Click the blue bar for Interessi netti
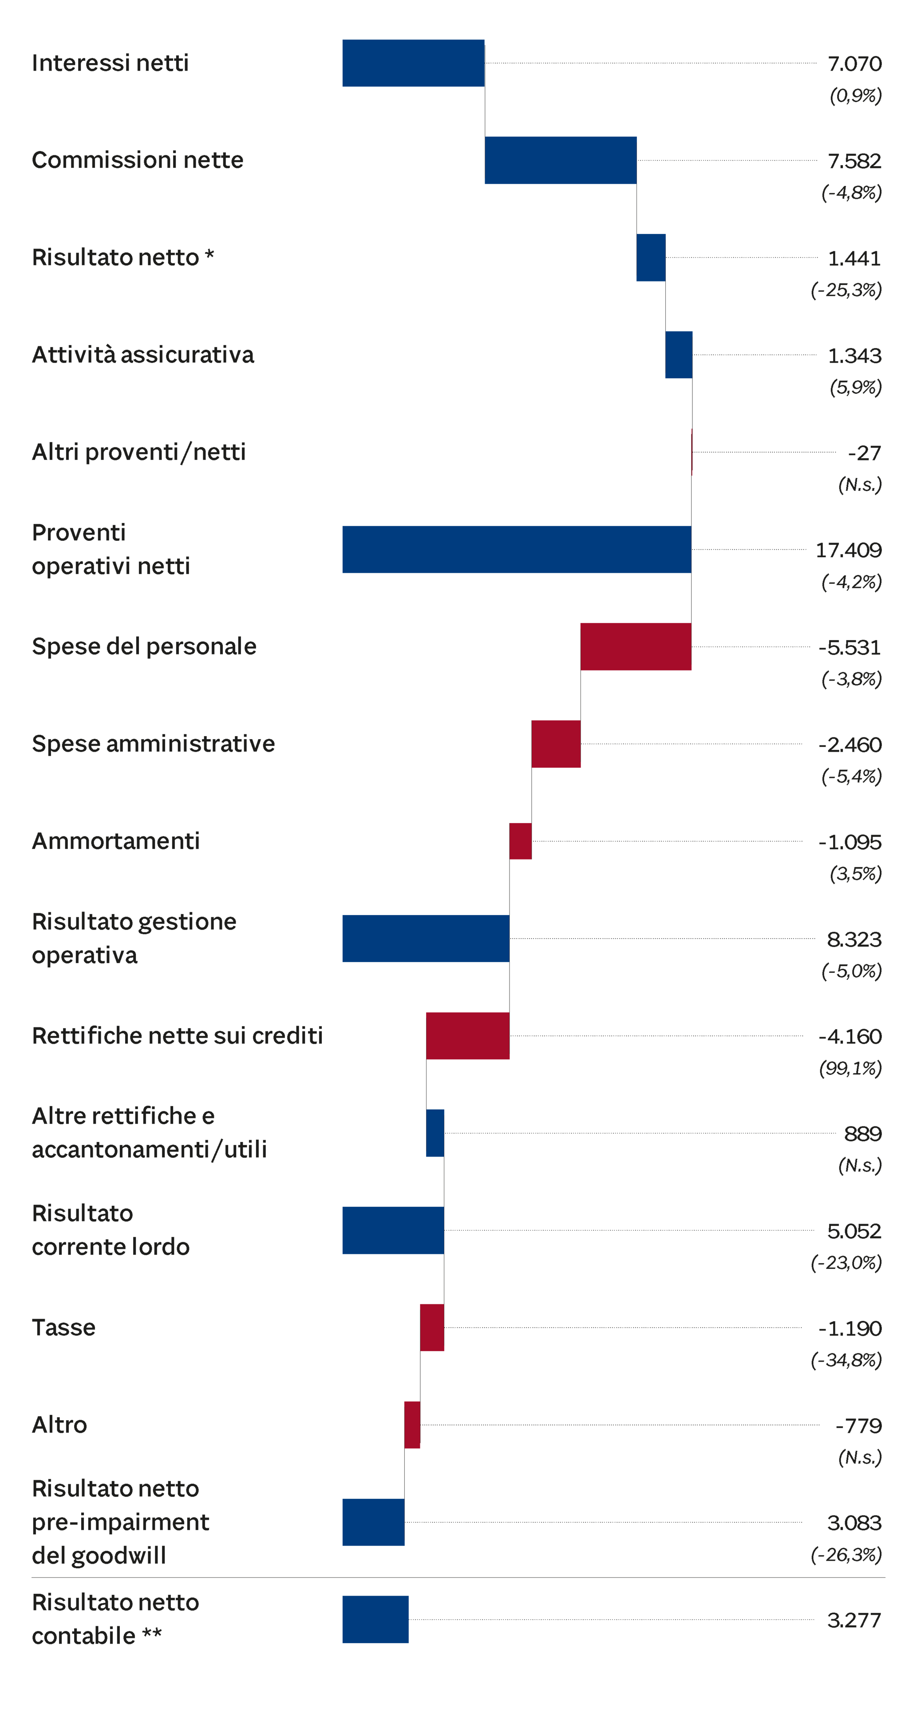click(413, 63)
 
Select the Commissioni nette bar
click(561, 161)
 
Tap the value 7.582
click(854, 161)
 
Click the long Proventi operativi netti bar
click(516, 550)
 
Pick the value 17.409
click(848, 550)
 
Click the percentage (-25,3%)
click(846, 290)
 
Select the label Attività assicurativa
click(142, 354)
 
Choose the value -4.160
click(850, 1037)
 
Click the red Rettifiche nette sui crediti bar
click(467, 1036)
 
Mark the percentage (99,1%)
click(850, 1069)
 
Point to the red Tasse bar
click(432, 1328)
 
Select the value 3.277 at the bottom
click(854, 1620)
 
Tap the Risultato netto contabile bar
click(375, 1619)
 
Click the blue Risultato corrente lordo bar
click(393, 1230)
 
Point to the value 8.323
click(854, 939)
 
